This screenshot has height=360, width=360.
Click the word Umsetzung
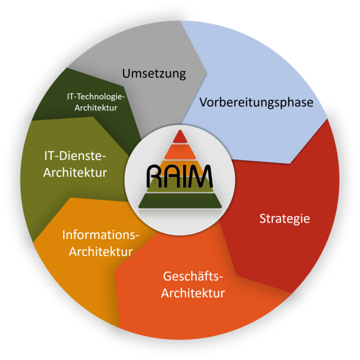pyautogui.click(x=154, y=74)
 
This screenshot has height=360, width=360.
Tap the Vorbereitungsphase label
pyautogui.click(x=256, y=103)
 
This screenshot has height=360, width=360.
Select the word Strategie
pyautogui.click(x=284, y=219)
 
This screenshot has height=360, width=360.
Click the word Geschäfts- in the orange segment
pyautogui.click(x=193, y=277)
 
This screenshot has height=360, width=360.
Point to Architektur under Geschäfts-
pyautogui.click(x=193, y=293)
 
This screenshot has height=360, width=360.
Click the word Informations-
pyautogui.click(x=101, y=235)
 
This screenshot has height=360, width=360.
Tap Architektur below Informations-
pyautogui.click(x=101, y=252)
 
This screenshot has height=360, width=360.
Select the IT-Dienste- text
pyautogui.click(x=75, y=156)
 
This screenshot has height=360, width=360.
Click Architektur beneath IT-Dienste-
pyautogui.click(x=75, y=172)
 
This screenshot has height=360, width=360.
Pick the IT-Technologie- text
pyautogui.click(x=96, y=97)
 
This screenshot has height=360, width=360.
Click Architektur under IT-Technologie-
pyautogui.click(x=96, y=107)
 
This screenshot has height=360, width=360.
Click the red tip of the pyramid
pyautogui.click(x=180, y=136)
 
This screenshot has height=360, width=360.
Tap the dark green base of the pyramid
pyautogui.click(x=180, y=200)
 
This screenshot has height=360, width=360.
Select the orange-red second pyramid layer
pyautogui.click(x=180, y=152)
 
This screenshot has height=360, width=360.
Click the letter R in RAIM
pyautogui.click(x=154, y=176)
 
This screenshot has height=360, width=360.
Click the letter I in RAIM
pyautogui.click(x=184, y=176)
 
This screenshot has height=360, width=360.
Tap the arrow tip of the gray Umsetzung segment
pyautogui.click(x=206, y=74)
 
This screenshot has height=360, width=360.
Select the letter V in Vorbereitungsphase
pyautogui.click(x=203, y=102)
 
